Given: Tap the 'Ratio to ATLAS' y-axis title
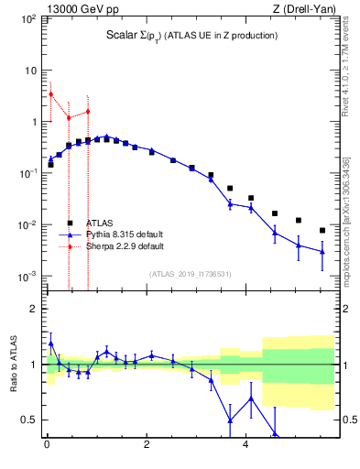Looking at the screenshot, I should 13,365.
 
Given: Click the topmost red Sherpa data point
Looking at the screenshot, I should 50,93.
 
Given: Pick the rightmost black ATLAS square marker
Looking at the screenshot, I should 322,230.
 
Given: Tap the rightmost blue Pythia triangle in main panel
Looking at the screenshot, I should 322,251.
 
